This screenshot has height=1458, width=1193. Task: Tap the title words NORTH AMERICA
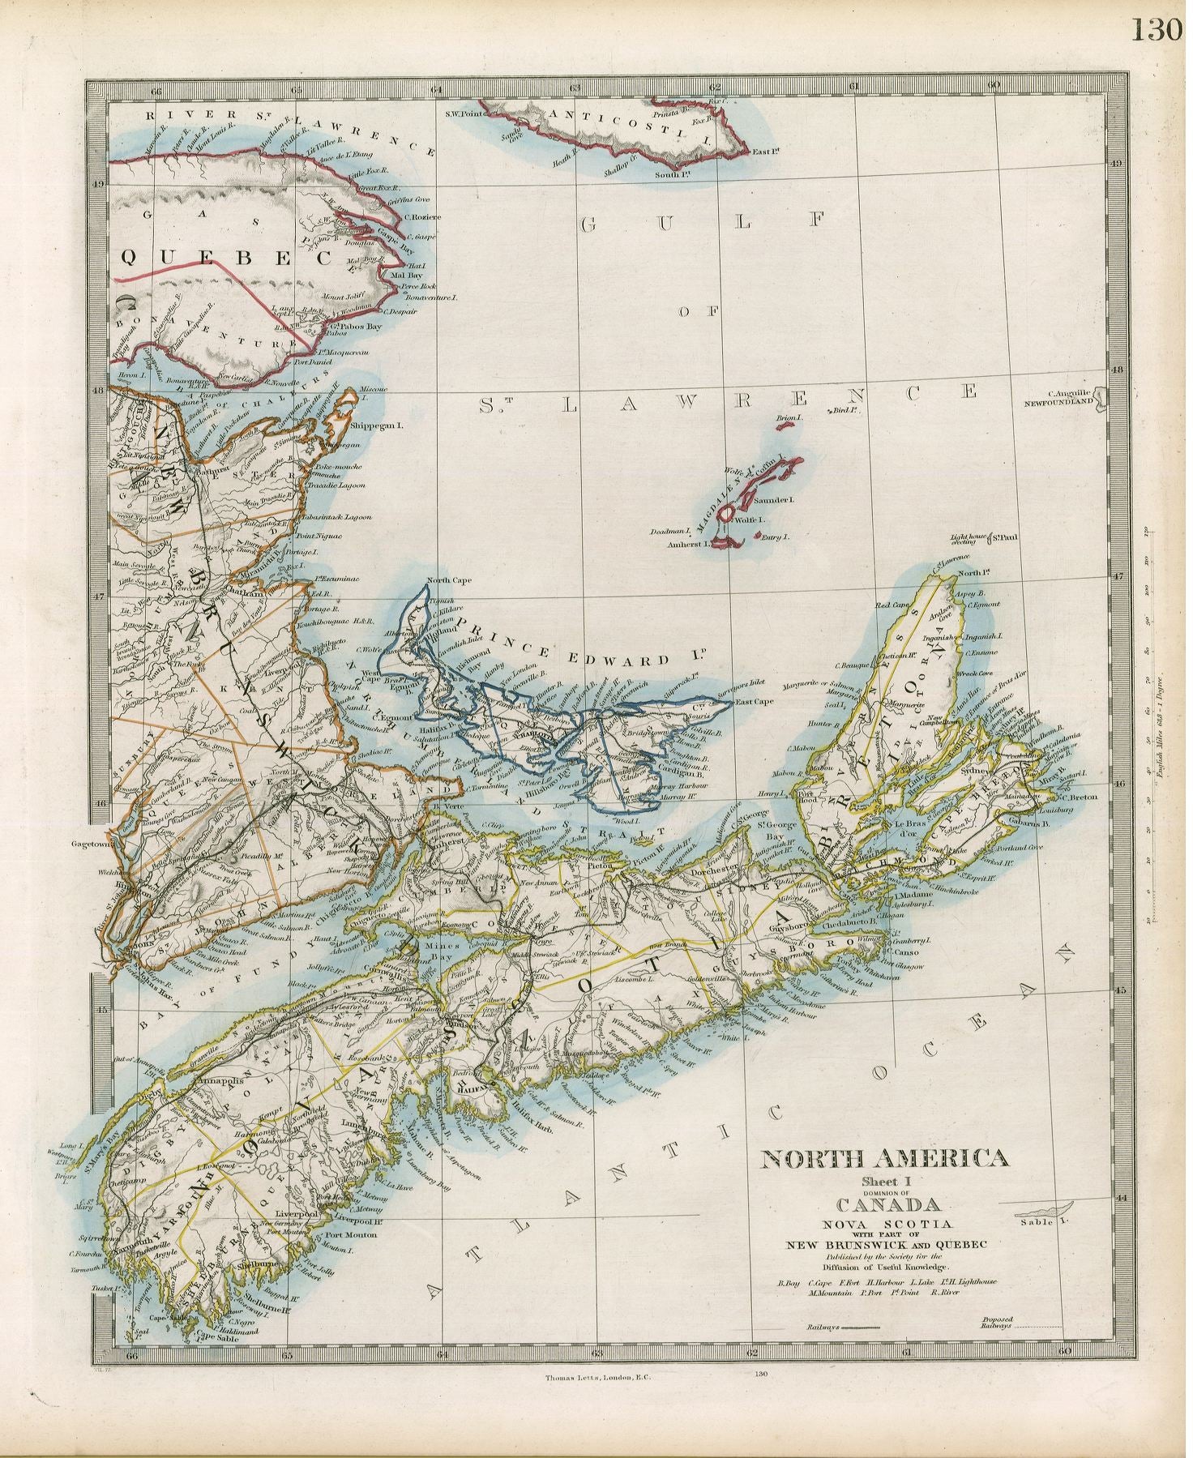pyautogui.click(x=884, y=1159)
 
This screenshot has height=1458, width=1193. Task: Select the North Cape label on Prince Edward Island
pyautogui.click(x=449, y=580)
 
